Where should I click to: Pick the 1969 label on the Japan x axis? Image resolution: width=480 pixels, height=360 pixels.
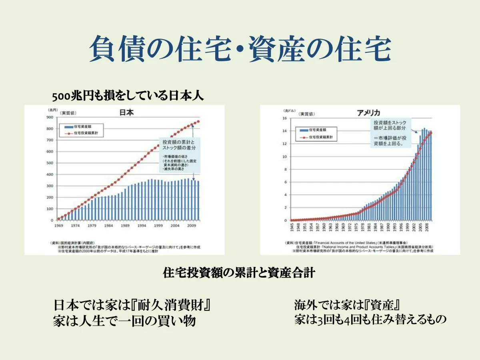click(59, 226)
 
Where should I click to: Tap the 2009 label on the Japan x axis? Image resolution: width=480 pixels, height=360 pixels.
click(192, 226)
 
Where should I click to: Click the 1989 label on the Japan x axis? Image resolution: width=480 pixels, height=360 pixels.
click(126, 226)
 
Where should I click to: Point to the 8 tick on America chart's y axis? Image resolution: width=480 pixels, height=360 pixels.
click(286, 169)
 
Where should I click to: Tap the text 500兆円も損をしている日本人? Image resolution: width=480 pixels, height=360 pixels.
click(128, 96)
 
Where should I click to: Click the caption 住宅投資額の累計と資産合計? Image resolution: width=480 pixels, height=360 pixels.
click(239, 273)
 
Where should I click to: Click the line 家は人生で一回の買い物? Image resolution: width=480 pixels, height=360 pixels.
click(124, 321)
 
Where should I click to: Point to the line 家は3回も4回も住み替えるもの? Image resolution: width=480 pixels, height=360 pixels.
click(370, 320)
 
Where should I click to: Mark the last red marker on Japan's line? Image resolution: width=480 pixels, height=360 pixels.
click(198, 122)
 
